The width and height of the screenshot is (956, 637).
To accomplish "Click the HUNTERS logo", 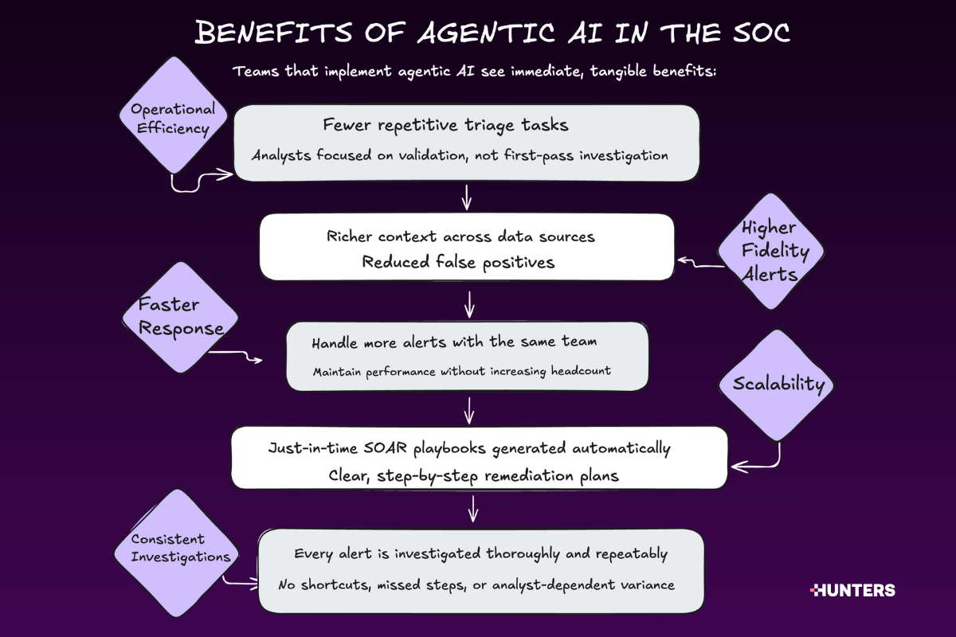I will [852, 591].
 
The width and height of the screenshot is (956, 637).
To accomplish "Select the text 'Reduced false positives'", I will [458, 262].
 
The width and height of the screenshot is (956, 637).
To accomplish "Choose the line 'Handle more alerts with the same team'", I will [454, 342].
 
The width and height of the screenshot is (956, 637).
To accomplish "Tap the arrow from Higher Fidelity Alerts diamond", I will [701, 263].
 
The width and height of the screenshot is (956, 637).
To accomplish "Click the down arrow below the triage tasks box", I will [467, 197].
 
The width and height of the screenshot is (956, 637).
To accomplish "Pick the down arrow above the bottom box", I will [474, 508].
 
